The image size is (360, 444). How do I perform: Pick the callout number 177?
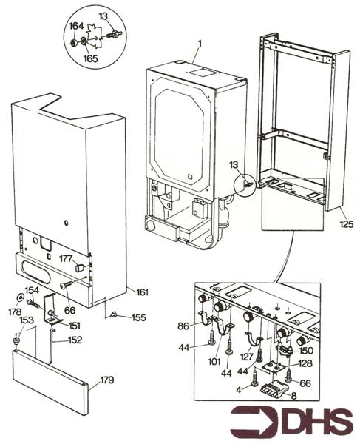pyautogui.click(x=67, y=258)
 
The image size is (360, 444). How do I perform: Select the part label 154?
pyautogui.click(x=32, y=290)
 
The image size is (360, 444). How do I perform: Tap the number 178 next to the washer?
pyautogui.click(x=16, y=313)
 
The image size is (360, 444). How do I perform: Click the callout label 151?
pyautogui.click(x=75, y=325)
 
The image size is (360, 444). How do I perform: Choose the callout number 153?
pyautogui.click(x=26, y=320)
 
